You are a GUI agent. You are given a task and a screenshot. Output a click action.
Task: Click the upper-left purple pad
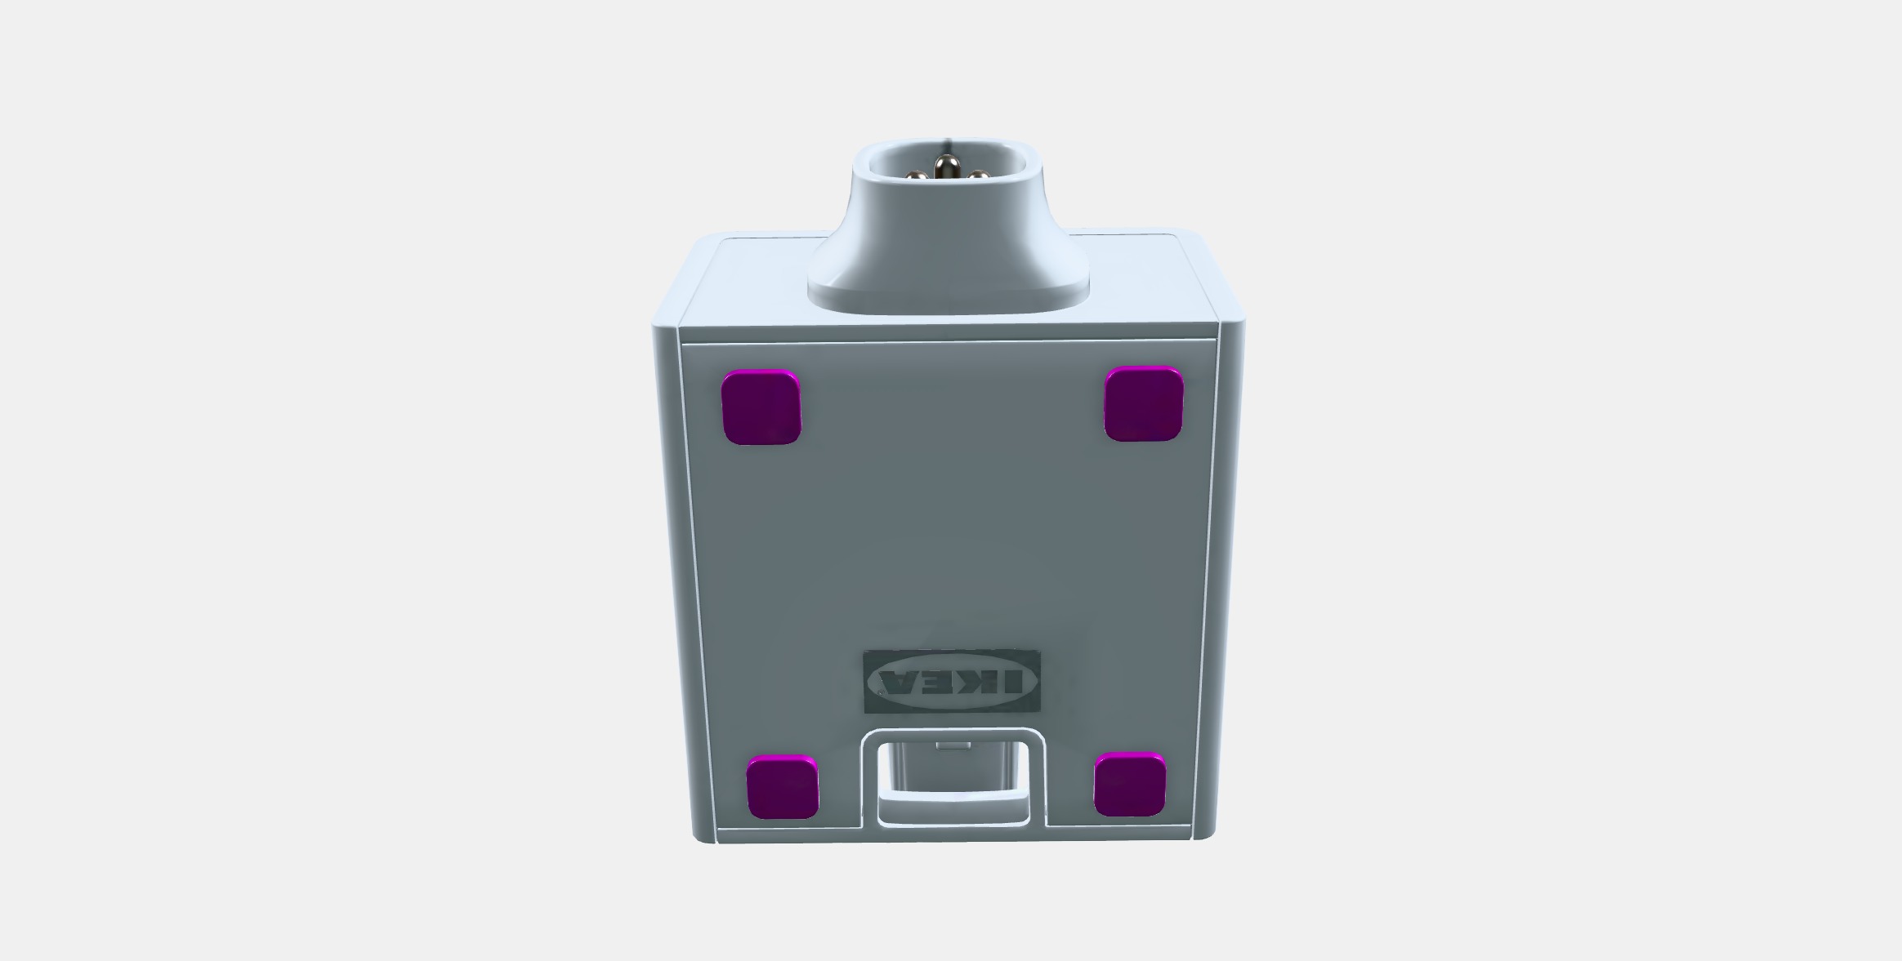761,407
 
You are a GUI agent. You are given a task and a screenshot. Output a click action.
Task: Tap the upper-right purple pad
1143,404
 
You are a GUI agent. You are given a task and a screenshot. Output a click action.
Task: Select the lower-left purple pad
783,787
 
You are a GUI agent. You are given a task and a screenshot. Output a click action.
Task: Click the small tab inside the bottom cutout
953,745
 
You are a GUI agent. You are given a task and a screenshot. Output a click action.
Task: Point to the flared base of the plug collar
949,290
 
